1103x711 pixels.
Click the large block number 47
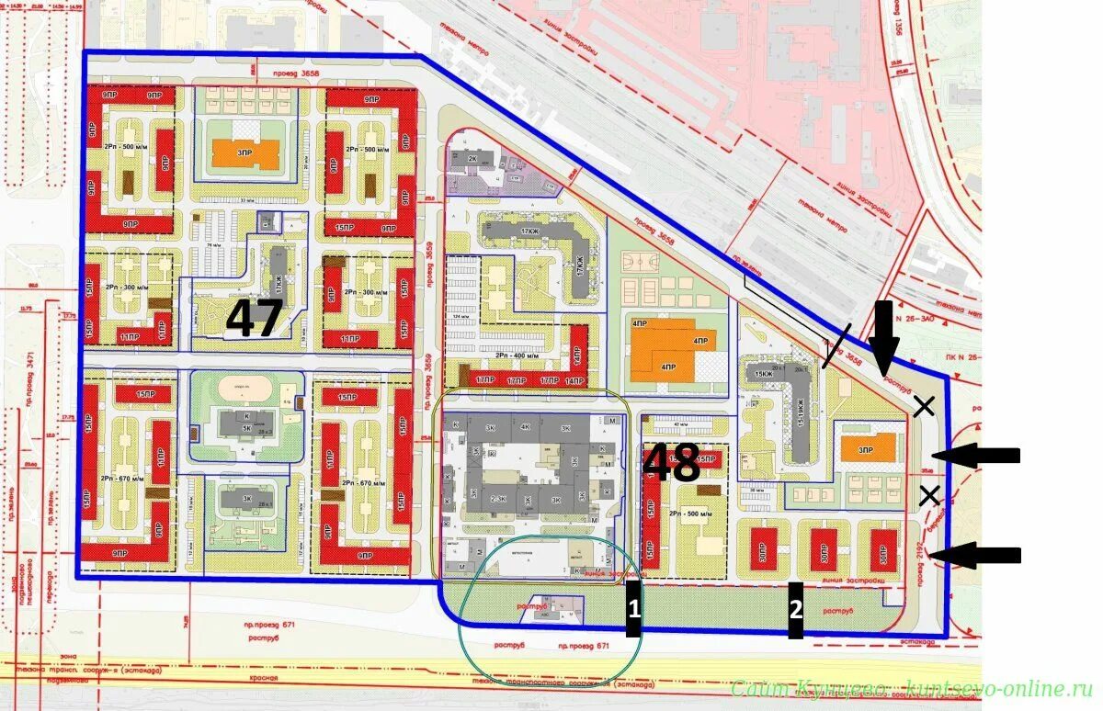tap(255, 319)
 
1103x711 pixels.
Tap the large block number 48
tap(673, 464)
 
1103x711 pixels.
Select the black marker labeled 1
tap(633, 607)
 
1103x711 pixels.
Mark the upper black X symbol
tap(924, 406)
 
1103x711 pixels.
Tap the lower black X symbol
tap(929, 495)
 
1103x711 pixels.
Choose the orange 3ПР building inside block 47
tap(245, 152)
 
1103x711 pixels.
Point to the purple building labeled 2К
tap(472, 160)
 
